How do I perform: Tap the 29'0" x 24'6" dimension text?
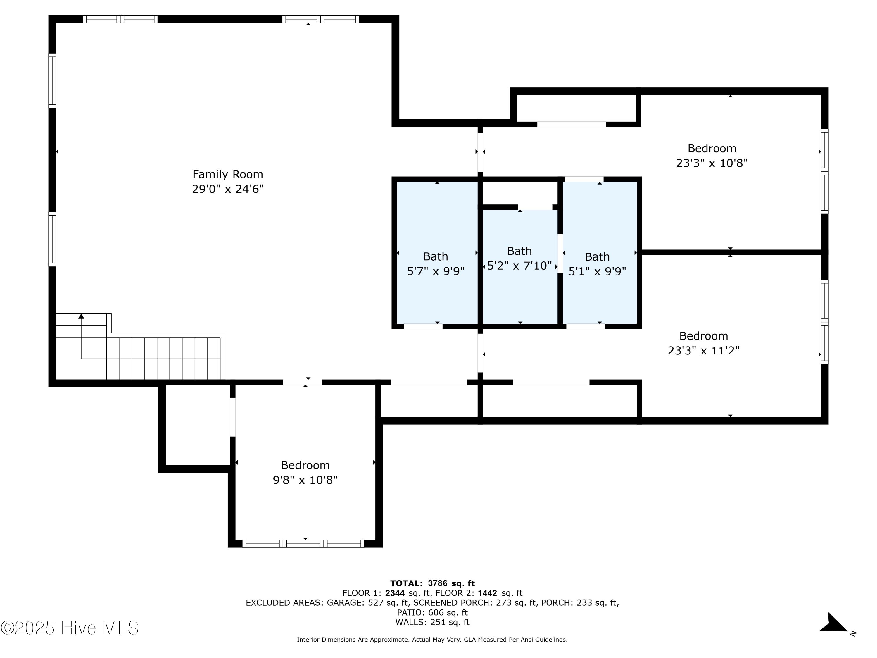tap(227, 189)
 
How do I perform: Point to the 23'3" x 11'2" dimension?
tap(704, 351)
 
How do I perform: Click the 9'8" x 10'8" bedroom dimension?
tap(305, 480)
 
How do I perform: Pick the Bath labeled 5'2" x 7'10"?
tap(519, 251)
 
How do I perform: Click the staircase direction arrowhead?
tap(81, 316)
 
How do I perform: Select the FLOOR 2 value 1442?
tap(487, 593)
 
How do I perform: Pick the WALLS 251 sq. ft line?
tap(432, 622)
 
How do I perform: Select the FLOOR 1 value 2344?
tap(395, 593)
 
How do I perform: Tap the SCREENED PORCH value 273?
tap(503, 602)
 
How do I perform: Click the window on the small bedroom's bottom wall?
tap(303, 543)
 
